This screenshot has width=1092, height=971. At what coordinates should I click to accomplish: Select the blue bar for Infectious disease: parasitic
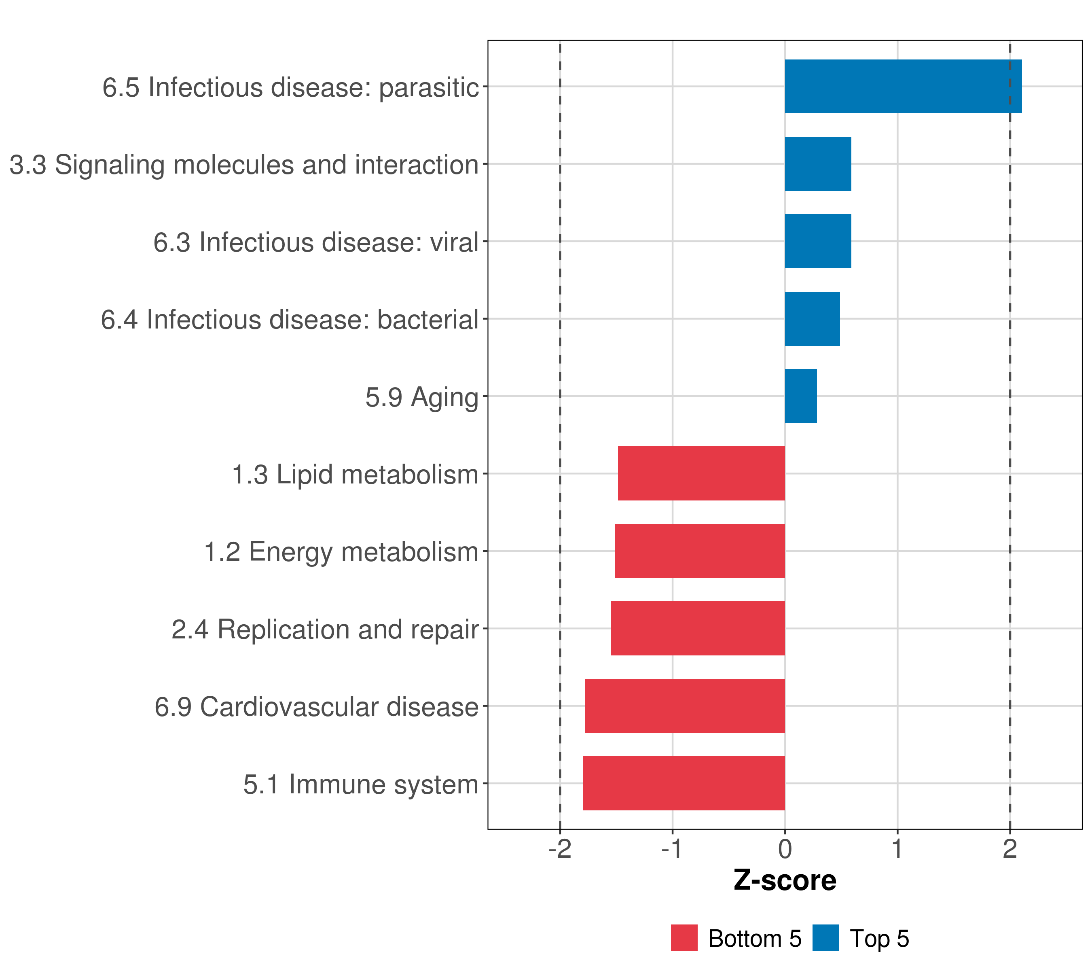[903, 86]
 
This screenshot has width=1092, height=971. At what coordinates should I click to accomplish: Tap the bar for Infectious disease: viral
[817, 241]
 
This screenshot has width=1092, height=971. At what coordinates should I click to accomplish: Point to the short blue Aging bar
[800, 396]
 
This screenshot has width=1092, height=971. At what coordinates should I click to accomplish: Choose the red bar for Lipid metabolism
[701, 473]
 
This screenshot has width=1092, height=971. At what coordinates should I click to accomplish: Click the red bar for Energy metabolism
[700, 551]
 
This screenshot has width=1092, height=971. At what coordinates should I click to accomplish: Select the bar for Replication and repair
[698, 628]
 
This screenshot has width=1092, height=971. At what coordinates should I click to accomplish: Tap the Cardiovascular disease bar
[685, 706]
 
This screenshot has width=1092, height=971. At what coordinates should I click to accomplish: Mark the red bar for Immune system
[684, 783]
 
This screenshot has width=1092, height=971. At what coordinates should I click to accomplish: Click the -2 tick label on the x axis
[560, 849]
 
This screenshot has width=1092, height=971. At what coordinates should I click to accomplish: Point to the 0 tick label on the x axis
[785, 849]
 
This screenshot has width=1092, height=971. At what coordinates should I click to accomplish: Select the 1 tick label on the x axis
[897, 849]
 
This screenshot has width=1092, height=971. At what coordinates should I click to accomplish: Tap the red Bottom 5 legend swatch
[684, 938]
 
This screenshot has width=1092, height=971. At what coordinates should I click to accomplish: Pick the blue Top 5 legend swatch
[825, 938]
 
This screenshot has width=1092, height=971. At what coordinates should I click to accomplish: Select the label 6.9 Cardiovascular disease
[316, 707]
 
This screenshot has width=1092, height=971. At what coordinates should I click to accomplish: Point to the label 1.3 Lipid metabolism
[355, 475]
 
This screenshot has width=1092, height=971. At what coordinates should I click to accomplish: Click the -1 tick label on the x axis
[672, 849]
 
